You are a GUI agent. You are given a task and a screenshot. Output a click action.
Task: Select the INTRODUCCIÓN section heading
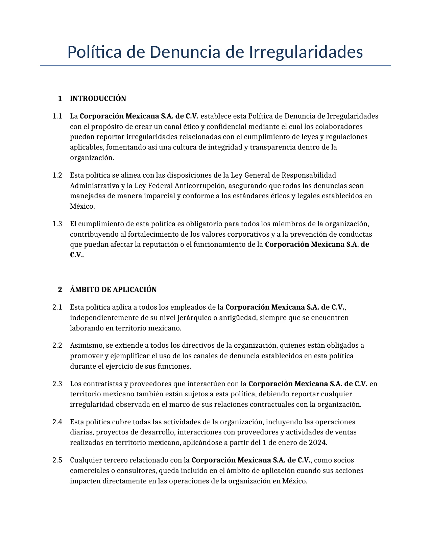tap(98, 99)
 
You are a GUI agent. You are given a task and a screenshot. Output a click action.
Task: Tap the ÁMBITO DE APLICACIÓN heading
tap(113, 290)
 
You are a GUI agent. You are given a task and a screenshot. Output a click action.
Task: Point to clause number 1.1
tap(57, 116)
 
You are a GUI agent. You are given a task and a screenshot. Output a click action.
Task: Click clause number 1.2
tap(57, 175)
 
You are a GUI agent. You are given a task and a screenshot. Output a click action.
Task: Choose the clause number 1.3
tap(57, 224)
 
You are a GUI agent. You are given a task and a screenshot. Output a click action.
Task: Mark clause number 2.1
tap(57, 307)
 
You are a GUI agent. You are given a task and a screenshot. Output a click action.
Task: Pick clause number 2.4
tap(57, 422)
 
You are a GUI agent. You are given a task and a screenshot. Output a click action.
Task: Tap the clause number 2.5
tap(57, 460)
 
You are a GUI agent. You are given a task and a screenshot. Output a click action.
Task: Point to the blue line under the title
tap(215, 65)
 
